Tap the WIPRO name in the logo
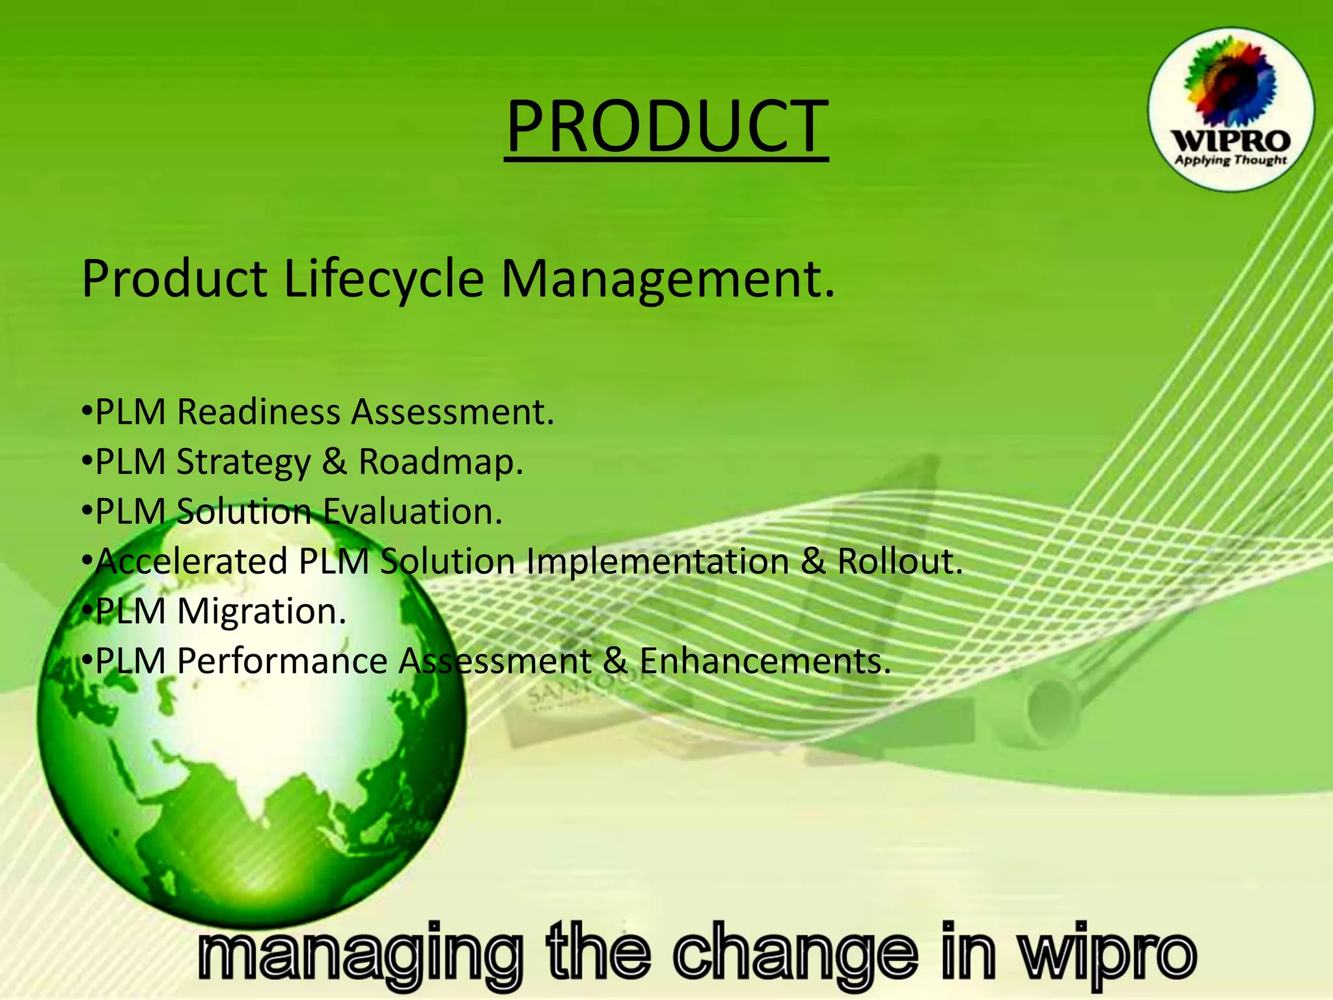coord(1230,141)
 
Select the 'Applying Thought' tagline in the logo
coord(1230,160)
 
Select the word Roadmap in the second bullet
coord(441,462)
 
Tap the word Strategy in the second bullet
coord(243,463)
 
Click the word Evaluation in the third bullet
coord(413,511)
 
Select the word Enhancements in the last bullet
coord(765,661)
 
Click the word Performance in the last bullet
coord(282,661)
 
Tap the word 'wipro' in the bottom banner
coord(1106,954)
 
